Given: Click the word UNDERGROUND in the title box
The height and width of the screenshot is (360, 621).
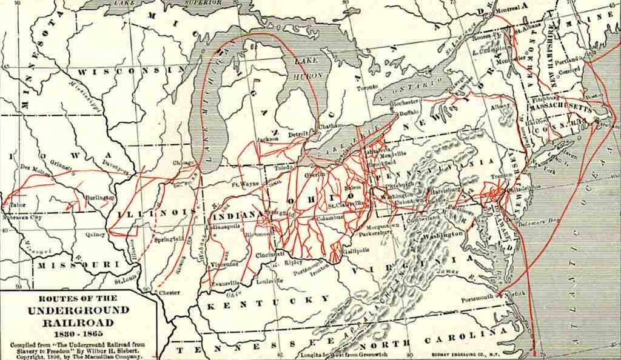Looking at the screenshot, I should coord(78,310).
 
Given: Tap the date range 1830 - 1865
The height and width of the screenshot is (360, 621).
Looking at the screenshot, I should coord(78,333).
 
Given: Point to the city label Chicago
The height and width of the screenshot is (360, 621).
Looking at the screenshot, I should coord(183,162).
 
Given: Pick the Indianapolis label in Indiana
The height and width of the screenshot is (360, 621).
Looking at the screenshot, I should coord(223,226).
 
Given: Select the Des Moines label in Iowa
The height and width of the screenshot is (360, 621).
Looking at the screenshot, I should coord(31,167).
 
